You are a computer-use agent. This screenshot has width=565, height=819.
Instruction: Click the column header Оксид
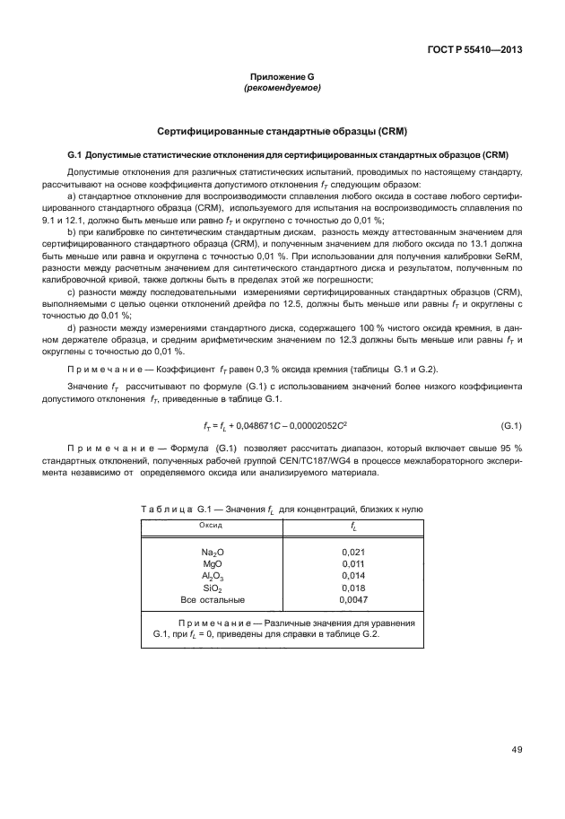[x=211, y=524]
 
